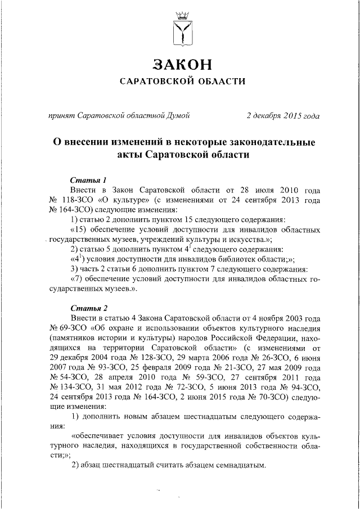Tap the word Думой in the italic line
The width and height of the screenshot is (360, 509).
pos(178,116)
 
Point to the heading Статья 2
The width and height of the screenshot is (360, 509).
pos(89,308)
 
